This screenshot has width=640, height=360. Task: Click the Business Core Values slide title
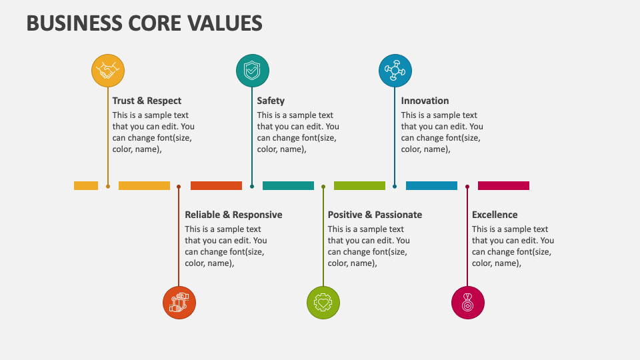pyautogui.click(x=144, y=23)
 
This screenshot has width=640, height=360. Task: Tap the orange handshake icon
pyautogui.click(x=107, y=70)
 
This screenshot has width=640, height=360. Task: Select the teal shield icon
pyautogui.click(x=253, y=70)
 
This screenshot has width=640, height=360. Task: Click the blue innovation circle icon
pyautogui.click(x=395, y=70)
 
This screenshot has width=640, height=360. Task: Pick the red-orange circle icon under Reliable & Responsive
pyautogui.click(x=179, y=303)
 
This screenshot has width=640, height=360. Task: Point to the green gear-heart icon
pyautogui.click(x=323, y=303)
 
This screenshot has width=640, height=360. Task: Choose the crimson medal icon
pyautogui.click(x=468, y=303)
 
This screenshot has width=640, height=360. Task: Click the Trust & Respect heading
pyautogui.click(x=147, y=101)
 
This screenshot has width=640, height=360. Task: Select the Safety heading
pyautogui.click(x=271, y=101)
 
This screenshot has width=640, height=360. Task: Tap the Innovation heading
pyautogui.click(x=425, y=101)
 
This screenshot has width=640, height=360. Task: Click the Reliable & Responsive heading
pyautogui.click(x=233, y=215)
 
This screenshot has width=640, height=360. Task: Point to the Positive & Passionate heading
pyautogui.click(x=375, y=215)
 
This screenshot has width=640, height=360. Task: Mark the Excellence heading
pyautogui.click(x=495, y=215)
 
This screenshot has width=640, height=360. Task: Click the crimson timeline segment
pyautogui.click(x=503, y=186)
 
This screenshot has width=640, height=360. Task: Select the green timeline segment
pyautogui.click(x=359, y=186)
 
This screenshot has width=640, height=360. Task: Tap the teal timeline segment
pyautogui.click(x=288, y=186)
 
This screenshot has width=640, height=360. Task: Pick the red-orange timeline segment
pyautogui.click(x=216, y=186)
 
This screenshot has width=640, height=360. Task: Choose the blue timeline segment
pyautogui.click(x=431, y=186)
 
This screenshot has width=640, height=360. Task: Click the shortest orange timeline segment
pyautogui.click(x=86, y=186)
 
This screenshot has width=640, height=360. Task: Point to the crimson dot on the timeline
pyautogui.click(x=467, y=187)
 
